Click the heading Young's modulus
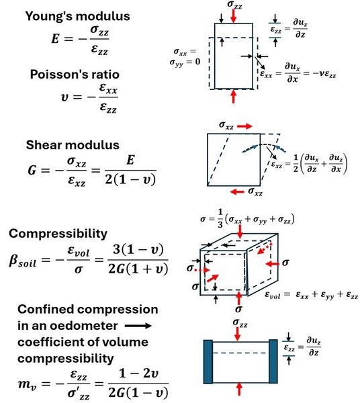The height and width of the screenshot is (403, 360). pyautogui.click(x=78, y=16)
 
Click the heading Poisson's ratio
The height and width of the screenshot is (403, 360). pyautogui.click(x=75, y=75)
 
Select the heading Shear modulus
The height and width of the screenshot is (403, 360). pyautogui.click(x=73, y=145)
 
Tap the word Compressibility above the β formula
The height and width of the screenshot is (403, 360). pyautogui.click(x=58, y=234)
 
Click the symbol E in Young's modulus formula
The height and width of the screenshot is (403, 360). pyautogui.click(x=55, y=39)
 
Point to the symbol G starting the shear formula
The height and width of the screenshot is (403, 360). pyautogui.click(x=32, y=170)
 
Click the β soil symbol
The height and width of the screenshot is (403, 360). pyautogui.click(x=22, y=261)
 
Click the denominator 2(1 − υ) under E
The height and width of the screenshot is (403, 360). pyautogui.click(x=130, y=179)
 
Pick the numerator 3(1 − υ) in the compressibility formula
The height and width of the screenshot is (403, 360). pyautogui.click(x=138, y=250)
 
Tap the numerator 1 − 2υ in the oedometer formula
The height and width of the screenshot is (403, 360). pyautogui.click(x=138, y=373)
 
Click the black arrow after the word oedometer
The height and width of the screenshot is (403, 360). pyautogui.click(x=138, y=326)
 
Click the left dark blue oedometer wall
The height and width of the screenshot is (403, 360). pyautogui.click(x=208, y=361)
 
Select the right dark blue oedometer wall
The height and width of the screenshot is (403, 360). pyautogui.click(x=273, y=361)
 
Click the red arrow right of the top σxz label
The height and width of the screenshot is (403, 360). pyautogui.click(x=244, y=126)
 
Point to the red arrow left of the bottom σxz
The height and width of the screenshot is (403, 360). pyautogui.click(x=237, y=191)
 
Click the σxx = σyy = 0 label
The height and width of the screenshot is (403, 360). pyautogui.click(x=185, y=57)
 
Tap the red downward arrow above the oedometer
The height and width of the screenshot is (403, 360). pyautogui.click(x=238, y=334)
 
